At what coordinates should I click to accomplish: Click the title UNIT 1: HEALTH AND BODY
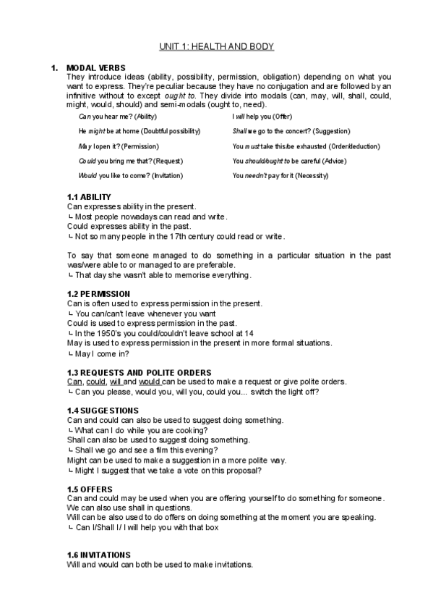216,47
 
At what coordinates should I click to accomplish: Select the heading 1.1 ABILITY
89,197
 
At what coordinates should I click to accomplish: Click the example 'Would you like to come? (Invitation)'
131,175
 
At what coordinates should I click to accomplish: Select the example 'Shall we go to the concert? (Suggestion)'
291,131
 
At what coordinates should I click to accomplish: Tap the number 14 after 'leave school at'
248,333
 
